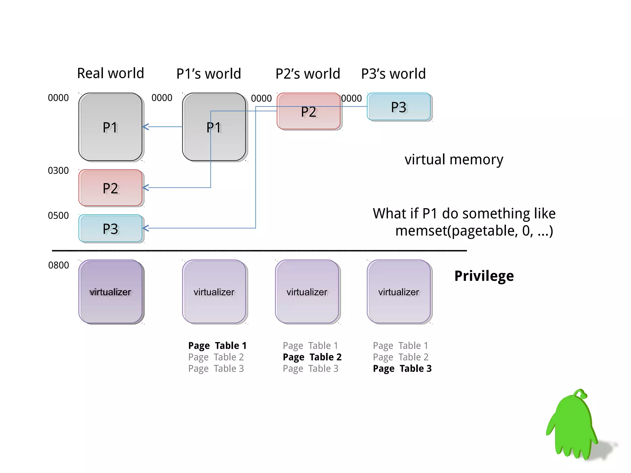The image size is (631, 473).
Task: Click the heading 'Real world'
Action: [110, 73]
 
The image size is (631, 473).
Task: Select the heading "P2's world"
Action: [307, 74]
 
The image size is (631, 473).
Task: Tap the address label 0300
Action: [58, 170]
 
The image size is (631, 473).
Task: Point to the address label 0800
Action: [59, 265]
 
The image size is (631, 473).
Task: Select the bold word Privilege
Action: [484, 276]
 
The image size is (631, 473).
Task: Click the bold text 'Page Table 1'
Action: [217, 345]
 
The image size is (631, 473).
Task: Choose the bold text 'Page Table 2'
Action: [312, 357]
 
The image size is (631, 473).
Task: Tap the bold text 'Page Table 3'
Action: [402, 368]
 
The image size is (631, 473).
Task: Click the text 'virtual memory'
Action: [454, 160]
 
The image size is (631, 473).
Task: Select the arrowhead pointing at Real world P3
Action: [145, 228]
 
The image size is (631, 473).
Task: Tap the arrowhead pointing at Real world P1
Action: [145, 127]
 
